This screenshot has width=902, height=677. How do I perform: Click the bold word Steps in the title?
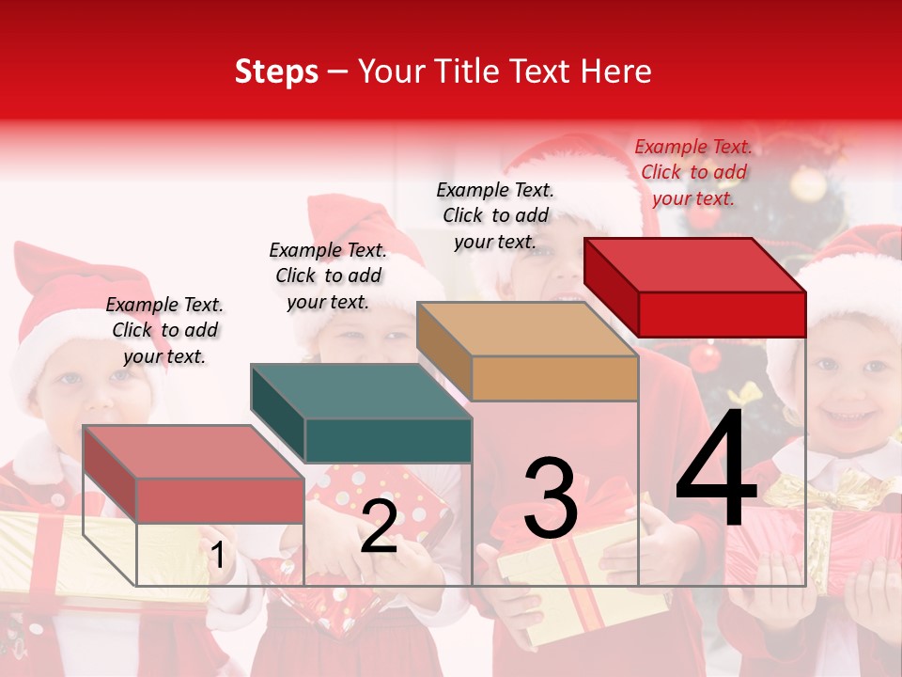pos(276,71)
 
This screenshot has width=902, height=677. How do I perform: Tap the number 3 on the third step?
pos(550,498)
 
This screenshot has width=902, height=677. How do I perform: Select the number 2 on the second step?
pos(379,527)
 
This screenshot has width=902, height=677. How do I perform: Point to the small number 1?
pos(217,556)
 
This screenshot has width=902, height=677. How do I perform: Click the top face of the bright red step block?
pos(695,265)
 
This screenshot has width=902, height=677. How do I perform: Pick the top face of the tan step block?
pos(527,329)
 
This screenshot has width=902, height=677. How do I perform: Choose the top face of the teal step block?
pos(361,391)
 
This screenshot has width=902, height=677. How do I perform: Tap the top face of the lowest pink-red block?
pos(194,451)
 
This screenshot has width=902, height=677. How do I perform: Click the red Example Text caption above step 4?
pos(693,172)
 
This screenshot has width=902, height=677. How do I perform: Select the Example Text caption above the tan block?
pos(495,215)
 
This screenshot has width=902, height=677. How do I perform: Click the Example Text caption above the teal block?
pos(328,276)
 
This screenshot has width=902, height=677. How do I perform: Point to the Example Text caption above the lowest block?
pos(164,330)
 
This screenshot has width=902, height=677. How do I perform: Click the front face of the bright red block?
pos(722,314)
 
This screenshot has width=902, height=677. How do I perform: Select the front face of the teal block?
pos(388,440)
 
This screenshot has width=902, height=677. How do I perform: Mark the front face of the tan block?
pos(554,378)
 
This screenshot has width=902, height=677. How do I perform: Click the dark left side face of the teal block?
pos(278,414)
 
